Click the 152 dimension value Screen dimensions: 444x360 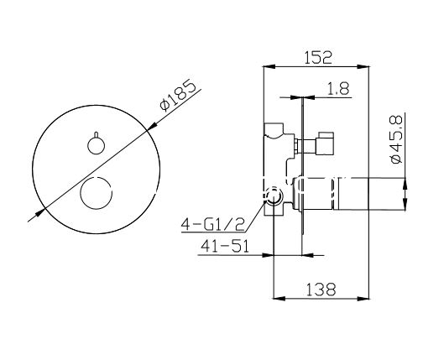pyautogui.click(x=318, y=57)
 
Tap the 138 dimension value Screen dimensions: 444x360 pyautogui.click(x=321, y=290)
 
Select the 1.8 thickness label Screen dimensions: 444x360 pyautogui.click(x=338, y=89)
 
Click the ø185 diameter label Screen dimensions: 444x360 pyautogui.click(x=178, y=96)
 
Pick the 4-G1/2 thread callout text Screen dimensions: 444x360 pyautogui.click(x=212, y=225)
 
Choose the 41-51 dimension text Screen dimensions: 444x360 pyautogui.click(x=225, y=246)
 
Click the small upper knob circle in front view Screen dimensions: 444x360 pyautogui.click(x=96, y=146)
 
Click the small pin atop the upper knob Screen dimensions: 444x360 pyautogui.click(x=97, y=134)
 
